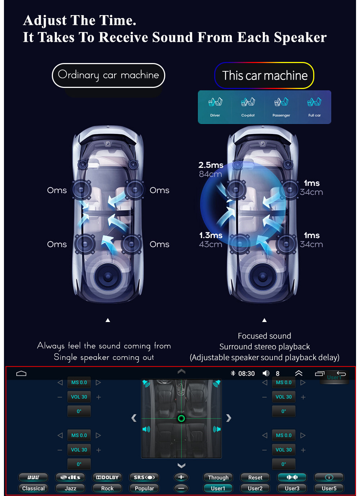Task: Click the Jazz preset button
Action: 70,488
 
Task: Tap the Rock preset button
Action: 107,488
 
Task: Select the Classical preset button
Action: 33,488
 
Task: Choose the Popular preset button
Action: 144,488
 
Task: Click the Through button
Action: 218,477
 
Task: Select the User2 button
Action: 255,488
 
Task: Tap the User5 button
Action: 329,488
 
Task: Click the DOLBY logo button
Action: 107,477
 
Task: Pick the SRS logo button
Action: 144,477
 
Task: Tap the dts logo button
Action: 70,477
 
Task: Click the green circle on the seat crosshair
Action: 181,419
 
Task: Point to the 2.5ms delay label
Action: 211,165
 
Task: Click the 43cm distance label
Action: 211,244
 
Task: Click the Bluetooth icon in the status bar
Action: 233,373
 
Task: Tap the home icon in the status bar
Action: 21,373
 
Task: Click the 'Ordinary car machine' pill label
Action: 108,75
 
